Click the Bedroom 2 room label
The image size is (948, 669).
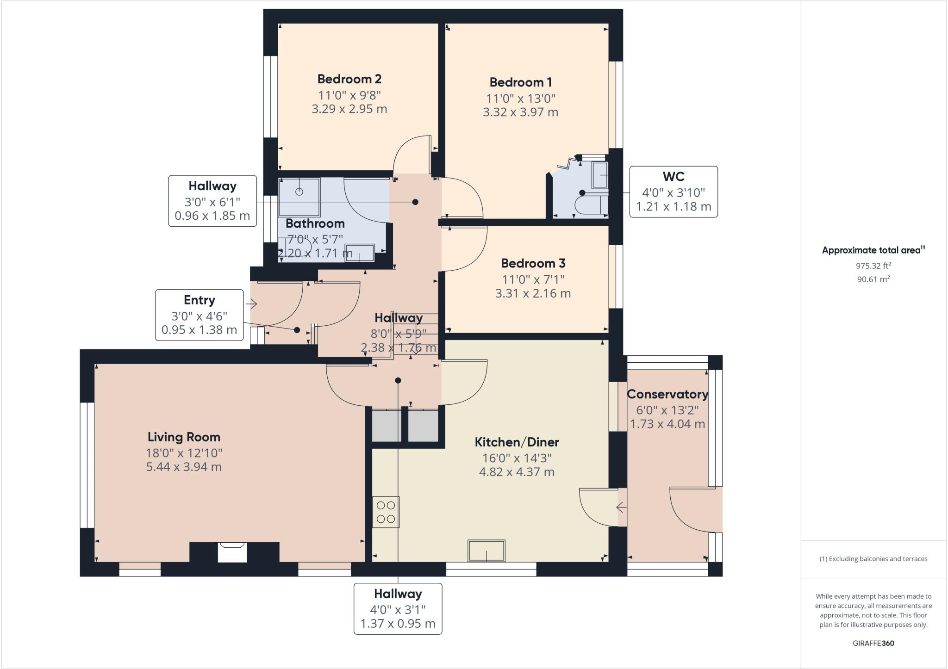(349, 79)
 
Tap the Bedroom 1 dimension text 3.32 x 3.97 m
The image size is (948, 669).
(520, 112)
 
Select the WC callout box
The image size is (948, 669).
(673, 192)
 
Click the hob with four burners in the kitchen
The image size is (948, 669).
(386, 512)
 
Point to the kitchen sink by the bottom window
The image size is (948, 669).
(486, 551)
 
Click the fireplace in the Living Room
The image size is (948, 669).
(232, 552)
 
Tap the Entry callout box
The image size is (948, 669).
(199, 315)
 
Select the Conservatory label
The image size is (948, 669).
(667, 395)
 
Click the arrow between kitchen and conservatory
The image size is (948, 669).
(621, 508)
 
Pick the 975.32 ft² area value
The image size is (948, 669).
(873, 266)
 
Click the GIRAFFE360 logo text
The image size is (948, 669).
(873, 643)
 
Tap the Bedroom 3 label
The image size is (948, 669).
(533, 263)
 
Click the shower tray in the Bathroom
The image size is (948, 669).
(299, 197)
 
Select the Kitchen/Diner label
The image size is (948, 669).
(517, 442)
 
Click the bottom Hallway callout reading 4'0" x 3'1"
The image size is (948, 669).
(398, 608)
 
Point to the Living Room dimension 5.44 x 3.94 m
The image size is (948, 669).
(184, 467)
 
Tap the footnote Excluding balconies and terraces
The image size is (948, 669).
(873, 559)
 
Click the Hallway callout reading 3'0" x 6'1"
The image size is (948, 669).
(212, 201)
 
